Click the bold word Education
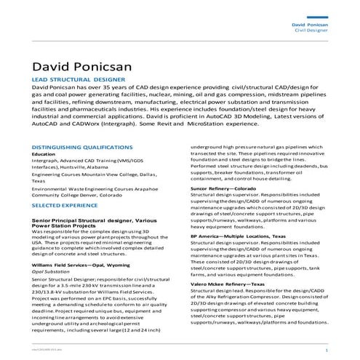tap(43, 154)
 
